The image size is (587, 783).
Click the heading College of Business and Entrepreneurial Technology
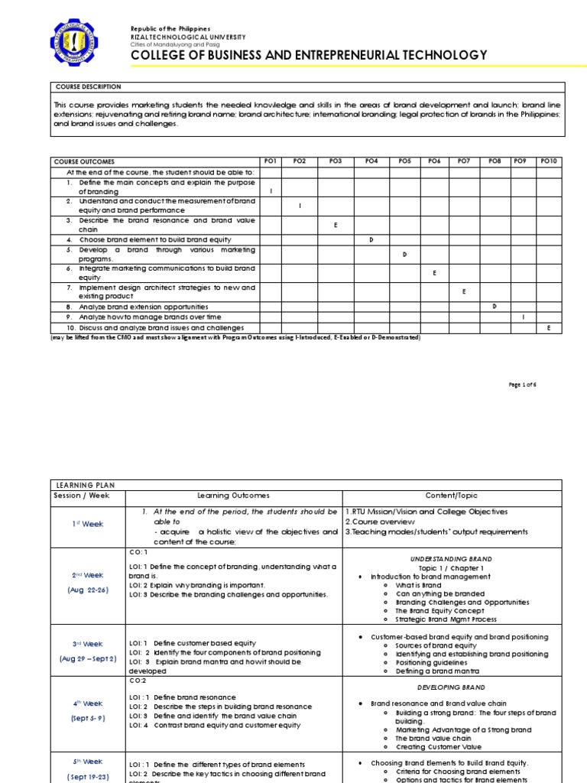309,55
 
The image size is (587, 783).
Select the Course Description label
88,87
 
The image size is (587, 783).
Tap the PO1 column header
271,161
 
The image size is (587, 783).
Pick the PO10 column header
549,161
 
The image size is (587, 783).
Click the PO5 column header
404,161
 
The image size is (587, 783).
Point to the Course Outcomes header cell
84,161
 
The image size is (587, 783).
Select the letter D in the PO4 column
371,239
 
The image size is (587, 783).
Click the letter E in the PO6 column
434,272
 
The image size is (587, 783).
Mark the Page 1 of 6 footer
523,385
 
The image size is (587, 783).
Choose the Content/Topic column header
452,495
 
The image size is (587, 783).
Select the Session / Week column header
82,495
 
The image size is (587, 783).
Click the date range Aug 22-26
88,590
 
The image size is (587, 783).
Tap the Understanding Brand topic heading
452,560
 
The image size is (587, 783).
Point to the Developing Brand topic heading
452,687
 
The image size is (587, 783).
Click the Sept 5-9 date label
88,719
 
